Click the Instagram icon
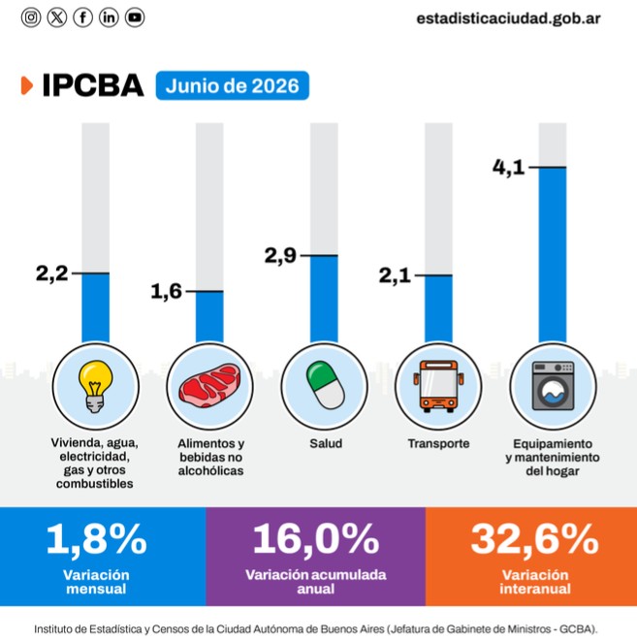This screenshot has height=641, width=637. coord(31,17)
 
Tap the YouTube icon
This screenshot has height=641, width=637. coord(135,17)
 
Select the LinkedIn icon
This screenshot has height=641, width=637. coord(109,17)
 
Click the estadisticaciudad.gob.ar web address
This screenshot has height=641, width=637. coord(508,18)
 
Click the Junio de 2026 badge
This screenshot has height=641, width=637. coord(233,85)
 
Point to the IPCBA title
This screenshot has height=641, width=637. coord(93,85)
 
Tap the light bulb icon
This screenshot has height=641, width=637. coord(96,386)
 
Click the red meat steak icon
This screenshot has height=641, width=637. coord(209,385)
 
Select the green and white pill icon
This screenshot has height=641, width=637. coord(325,385)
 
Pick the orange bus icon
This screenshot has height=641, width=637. coord(438,386)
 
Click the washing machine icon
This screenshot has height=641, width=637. coord(553,386)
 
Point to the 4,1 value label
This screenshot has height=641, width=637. coord(508,167)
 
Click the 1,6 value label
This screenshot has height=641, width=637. coord(167,292)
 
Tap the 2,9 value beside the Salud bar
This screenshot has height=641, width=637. coord(280,255)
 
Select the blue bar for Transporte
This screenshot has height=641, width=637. coord(438,309)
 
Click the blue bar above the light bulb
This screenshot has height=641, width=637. coord(96,307)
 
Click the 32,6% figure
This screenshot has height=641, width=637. coord(535,539)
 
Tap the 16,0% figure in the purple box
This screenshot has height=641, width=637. coord(316,539)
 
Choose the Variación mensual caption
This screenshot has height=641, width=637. coord(96,582)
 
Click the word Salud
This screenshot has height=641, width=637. coord(326,443)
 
